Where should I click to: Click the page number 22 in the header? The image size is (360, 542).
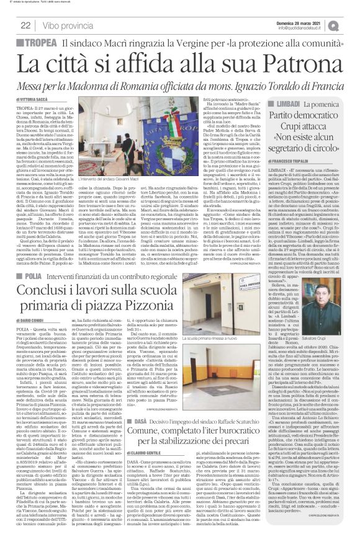pyautogui.click(x=26, y=25)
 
